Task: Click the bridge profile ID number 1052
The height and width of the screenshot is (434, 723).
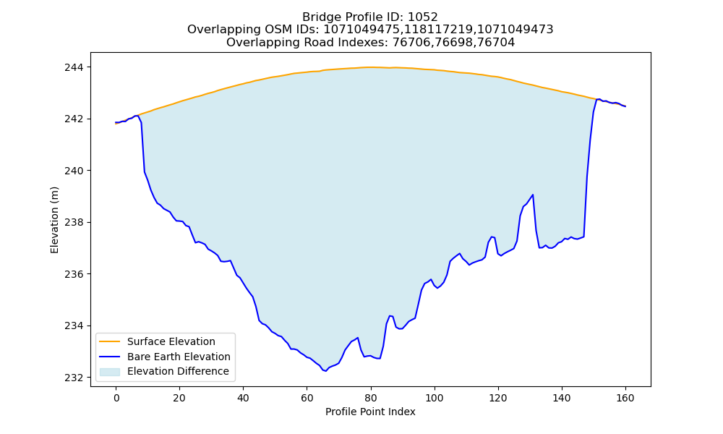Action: (423, 17)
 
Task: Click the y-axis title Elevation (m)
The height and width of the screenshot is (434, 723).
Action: (54, 220)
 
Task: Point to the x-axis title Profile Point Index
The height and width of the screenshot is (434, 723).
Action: (370, 412)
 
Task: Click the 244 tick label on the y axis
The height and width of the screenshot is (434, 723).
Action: (74, 67)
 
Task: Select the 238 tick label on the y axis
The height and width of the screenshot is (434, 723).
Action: (74, 222)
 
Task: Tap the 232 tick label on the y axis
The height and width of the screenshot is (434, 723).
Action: (74, 378)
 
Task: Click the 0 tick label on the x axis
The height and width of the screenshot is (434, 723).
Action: (116, 398)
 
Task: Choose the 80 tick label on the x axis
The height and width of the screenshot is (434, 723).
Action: (371, 398)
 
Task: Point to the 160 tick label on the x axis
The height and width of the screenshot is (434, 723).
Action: (625, 398)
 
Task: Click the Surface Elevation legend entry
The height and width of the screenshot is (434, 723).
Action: (156, 341)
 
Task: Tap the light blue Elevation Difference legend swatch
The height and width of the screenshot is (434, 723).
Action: (110, 371)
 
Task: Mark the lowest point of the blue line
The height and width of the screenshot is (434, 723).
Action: (326, 371)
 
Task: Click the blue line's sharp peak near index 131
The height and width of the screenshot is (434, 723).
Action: (533, 195)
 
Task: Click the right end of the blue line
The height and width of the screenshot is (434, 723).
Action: (625, 106)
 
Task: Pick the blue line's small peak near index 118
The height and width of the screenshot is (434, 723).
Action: (492, 237)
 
